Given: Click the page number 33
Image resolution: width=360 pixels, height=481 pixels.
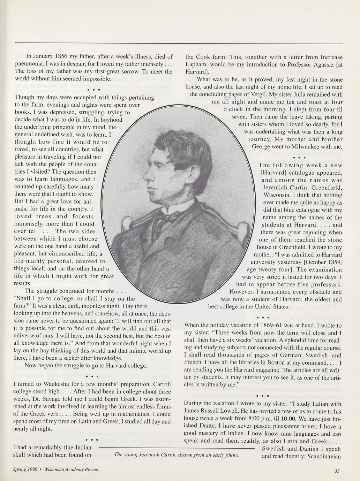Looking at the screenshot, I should [x=337, y=471].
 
